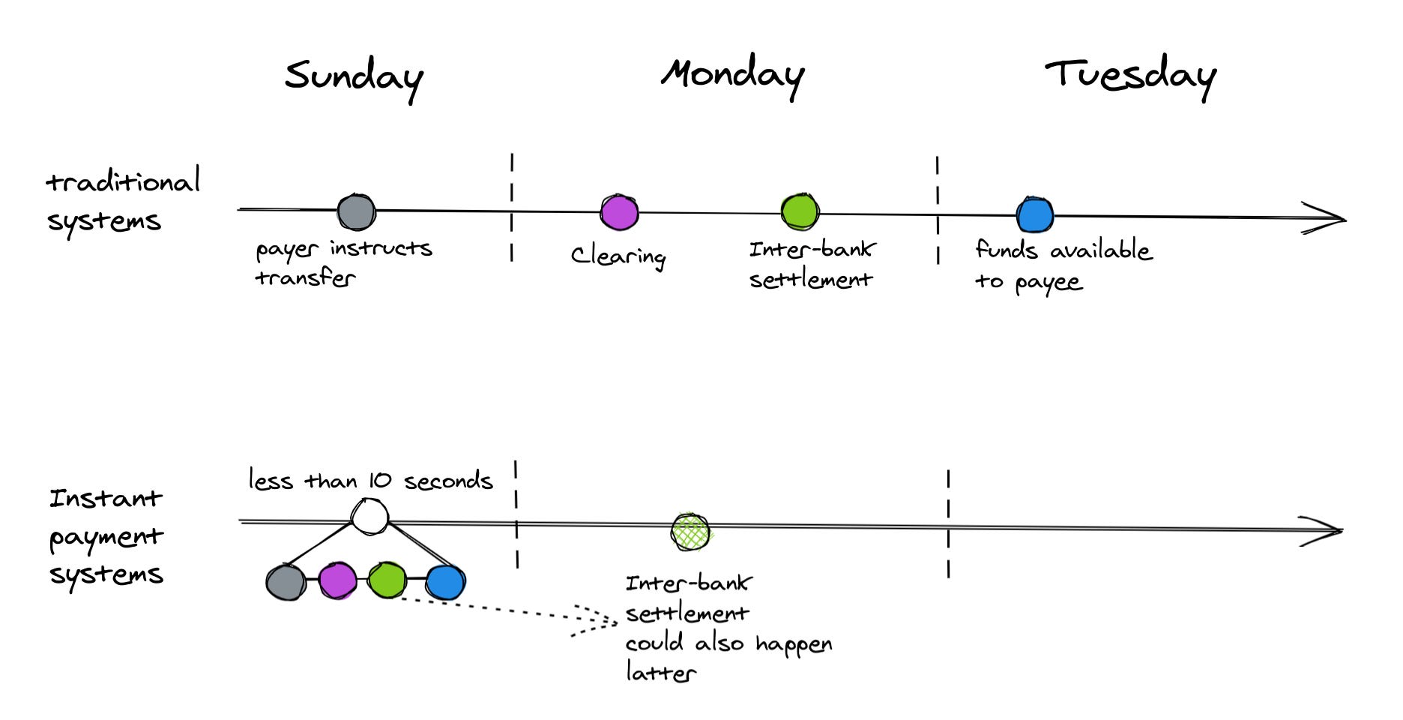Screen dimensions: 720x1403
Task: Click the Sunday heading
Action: click(x=354, y=78)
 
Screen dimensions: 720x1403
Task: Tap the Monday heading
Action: click(x=732, y=75)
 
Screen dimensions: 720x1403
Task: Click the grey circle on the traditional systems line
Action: click(x=356, y=212)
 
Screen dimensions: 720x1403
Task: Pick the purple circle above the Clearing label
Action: click(x=619, y=212)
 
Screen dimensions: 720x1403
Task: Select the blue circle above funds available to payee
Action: click(x=1035, y=215)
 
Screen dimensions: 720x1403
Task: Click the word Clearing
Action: click(x=618, y=256)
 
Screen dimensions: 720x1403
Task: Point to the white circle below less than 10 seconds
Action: click(x=369, y=517)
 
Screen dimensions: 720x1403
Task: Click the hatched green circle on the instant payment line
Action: click(x=690, y=532)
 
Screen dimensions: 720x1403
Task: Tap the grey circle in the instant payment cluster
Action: click(x=286, y=582)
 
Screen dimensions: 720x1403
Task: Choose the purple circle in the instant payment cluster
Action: click(x=337, y=581)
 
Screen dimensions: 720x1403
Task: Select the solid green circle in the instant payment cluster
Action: click(x=387, y=580)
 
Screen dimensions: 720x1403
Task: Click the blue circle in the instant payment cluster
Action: click(x=446, y=582)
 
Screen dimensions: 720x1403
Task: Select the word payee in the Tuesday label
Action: click(x=1049, y=283)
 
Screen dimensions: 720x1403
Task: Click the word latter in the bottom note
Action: click(x=660, y=672)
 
